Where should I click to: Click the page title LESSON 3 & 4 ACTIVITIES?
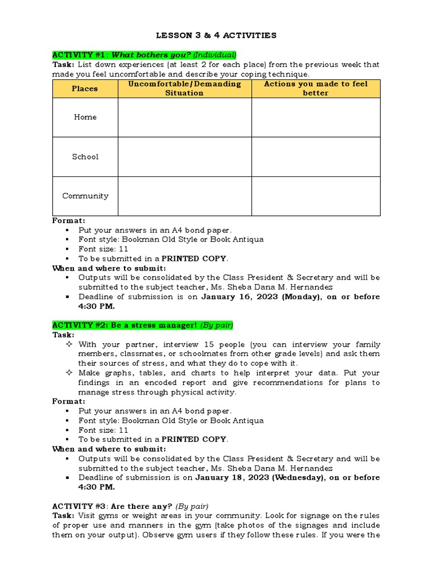coord(216,35)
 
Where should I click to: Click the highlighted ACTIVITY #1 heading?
coord(144,55)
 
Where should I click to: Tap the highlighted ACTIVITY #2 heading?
coord(143,325)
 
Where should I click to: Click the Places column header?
coord(85,88)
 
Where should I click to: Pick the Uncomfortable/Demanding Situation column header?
coord(184,88)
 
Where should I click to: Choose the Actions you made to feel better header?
coord(316,88)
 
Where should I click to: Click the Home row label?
coord(85,117)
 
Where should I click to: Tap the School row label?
coord(85,157)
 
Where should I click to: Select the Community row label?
coord(85,196)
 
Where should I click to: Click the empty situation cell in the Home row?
coord(184,117)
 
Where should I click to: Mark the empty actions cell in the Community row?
coord(316,196)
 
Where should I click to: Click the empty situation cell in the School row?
coord(184,157)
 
